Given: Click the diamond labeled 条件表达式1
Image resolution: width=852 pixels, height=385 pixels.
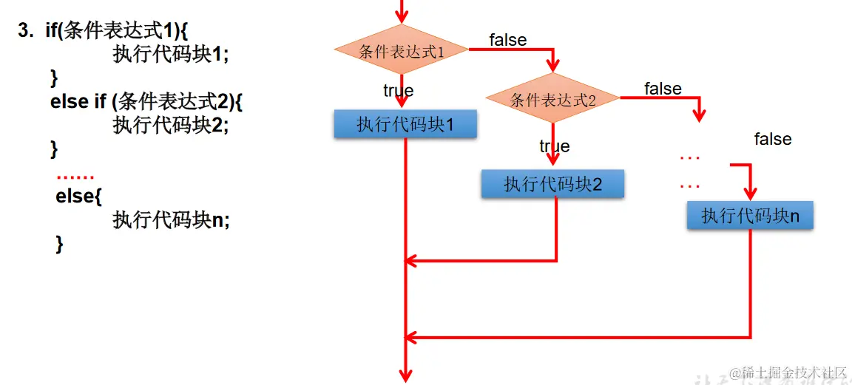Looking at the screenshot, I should (401, 51).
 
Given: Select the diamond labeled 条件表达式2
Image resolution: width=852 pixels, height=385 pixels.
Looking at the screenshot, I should (552, 100).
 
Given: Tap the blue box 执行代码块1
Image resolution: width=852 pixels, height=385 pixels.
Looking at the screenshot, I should (405, 124).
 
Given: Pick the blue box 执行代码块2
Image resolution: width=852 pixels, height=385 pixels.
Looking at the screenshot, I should (552, 184).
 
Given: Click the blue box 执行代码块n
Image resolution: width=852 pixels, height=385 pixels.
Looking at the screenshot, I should (749, 215).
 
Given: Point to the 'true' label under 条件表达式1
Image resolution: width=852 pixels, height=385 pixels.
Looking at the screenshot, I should (398, 91).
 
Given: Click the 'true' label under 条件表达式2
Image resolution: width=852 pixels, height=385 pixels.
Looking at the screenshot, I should (554, 146).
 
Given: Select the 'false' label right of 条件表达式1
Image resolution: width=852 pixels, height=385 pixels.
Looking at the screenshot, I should (508, 40).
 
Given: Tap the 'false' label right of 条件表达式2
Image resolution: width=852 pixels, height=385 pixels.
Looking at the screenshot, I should (663, 89).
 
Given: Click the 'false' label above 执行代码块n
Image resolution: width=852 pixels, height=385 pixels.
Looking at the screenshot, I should (773, 139).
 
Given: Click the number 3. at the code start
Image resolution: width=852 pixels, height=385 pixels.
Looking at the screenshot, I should (27, 31).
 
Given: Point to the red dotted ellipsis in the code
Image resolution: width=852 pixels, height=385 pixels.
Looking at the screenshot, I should (75, 177).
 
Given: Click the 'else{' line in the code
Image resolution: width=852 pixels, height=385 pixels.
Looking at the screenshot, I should (77, 197).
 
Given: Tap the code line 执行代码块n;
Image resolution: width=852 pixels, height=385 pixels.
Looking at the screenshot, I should (171, 219).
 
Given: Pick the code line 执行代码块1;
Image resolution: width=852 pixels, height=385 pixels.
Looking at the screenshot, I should (171, 54).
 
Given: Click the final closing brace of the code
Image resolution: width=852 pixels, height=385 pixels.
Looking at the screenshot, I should (60, 244).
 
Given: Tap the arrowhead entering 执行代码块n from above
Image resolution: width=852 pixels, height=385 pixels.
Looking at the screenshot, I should (749, 194).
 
